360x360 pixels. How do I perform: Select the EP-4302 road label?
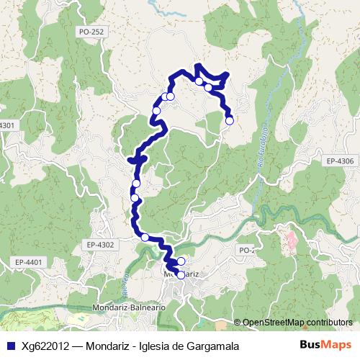tap(99, 245)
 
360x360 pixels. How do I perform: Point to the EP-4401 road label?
tap(30, 261)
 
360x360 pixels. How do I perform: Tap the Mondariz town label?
tap(181, 274)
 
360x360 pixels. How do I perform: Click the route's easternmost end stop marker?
tap(230, 120)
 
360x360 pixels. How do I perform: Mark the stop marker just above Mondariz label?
tap(181, 261)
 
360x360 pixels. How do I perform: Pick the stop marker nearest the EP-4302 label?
tap(145, 238)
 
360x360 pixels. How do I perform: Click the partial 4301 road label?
tap(7, 125)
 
